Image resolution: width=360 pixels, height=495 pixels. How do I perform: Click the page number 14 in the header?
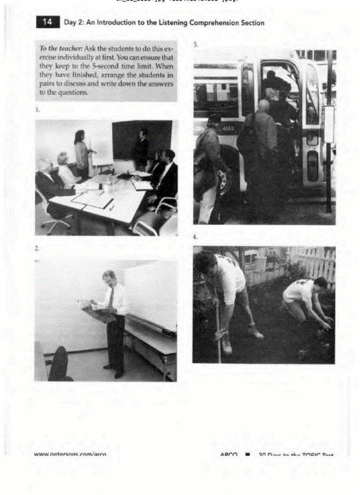(48, 22)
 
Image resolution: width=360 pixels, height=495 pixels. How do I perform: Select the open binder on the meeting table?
(93, 201)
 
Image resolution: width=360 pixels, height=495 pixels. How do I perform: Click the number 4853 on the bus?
(228, 129)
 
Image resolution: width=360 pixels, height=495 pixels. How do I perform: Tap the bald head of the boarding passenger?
(263, 105)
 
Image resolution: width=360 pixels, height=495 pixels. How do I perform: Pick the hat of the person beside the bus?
(214, 118)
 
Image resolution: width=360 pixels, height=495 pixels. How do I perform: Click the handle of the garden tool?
(217, 326)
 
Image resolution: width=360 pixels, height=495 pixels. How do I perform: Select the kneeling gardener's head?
(321, 283)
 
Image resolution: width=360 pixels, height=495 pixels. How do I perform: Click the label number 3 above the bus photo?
(195, 45)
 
